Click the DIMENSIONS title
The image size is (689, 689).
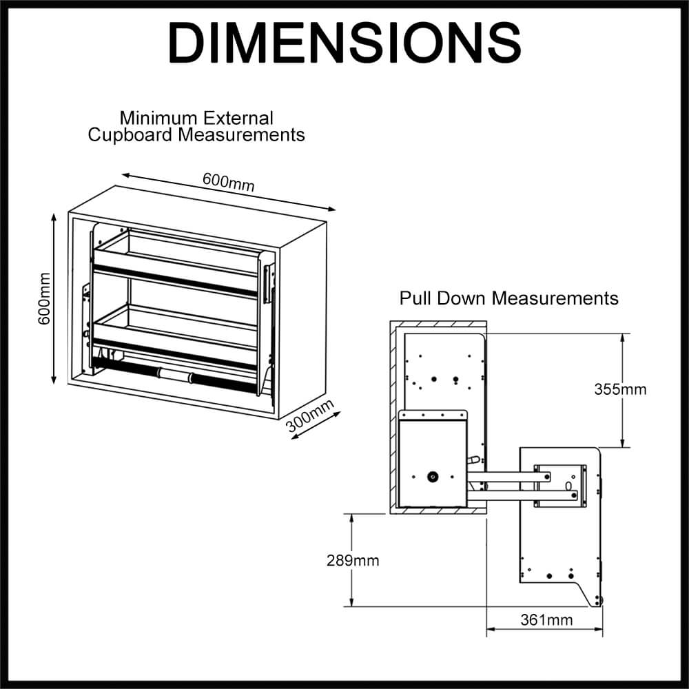coord(344,43)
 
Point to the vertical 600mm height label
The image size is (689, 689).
coord(44,299)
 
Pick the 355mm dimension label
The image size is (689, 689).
coord(620,389)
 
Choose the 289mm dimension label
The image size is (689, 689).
coord(353,560)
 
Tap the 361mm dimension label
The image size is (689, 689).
coord(546,619)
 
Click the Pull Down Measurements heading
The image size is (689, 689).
coord(509,298)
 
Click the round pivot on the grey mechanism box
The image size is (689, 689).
coord(433,475)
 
